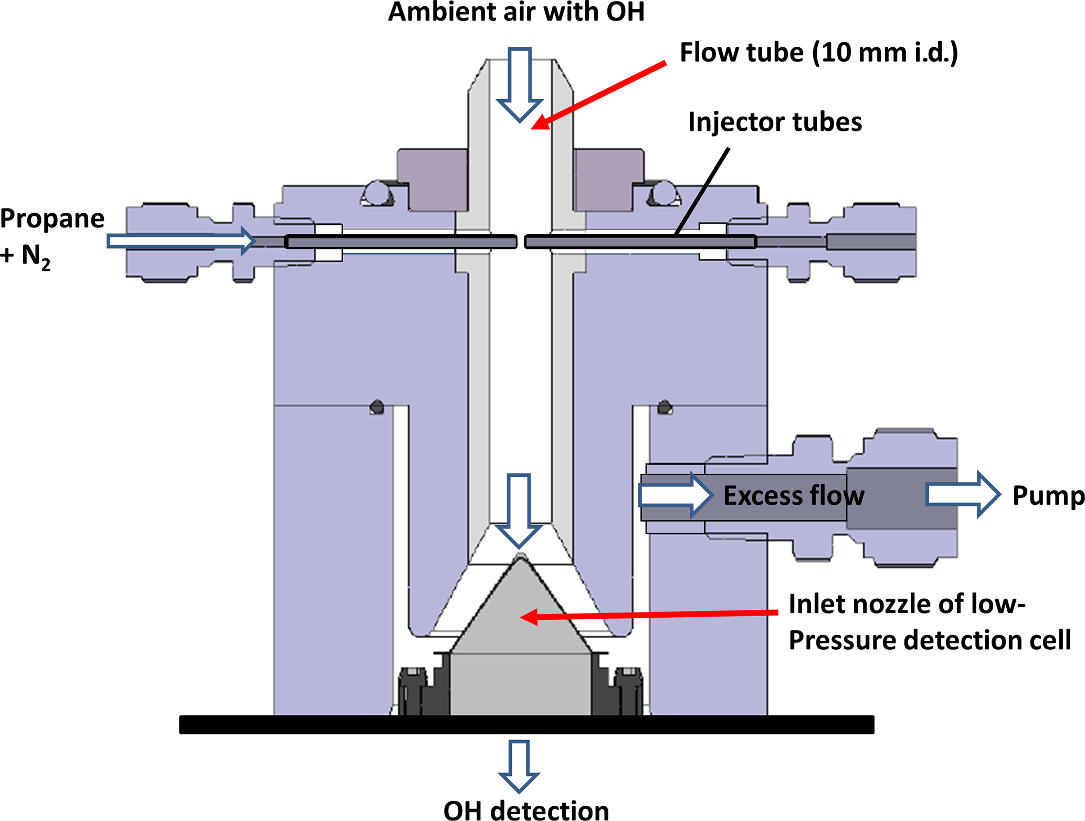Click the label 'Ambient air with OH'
point(516,13)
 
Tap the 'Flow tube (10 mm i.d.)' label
point(818,53)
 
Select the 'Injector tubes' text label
point(775,122)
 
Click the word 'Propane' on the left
point(52,219)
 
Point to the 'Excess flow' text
point(793,495)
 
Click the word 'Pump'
point(1048,495)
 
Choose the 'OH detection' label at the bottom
point(526,809)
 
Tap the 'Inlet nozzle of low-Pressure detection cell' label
point(929,622)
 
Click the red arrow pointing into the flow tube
point(598,95)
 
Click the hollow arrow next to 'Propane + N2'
point(181,241)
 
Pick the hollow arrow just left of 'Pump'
point(963,495)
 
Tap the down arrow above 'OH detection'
point(519,766)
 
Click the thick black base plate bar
point(526,724)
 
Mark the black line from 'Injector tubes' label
point(702,191)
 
